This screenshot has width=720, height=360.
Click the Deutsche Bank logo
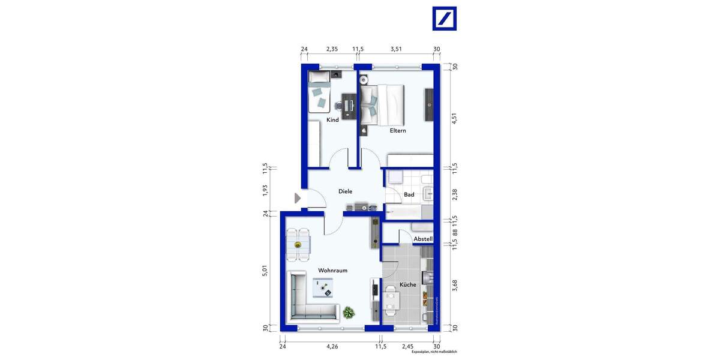(x=445, y=19)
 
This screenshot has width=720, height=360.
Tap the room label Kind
(x=332, y=120)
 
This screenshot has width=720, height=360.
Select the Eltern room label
(x=398, y=130)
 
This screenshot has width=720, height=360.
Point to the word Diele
(x=345, y=191)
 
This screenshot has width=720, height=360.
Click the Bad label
(x=409, y=194)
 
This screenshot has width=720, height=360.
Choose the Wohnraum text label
(x=333, y=271)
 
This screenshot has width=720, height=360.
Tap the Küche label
(x=407, y=284)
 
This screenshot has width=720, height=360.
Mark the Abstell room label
(x=423, y=239)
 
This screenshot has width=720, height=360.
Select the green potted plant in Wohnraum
(x=348, y=312)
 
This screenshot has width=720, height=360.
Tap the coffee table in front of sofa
(x=325, y=289)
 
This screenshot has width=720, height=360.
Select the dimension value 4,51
(x=455, y=119)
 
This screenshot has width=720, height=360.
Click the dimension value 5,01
(x=265, y=270)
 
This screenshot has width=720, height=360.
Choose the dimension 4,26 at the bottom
(x=332, y=346)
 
